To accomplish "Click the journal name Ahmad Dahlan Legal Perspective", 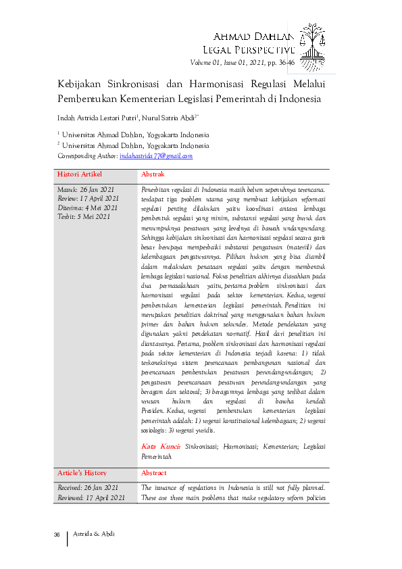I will [253, 43].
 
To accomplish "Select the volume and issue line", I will [243, 62].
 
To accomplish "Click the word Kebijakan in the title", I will [79, 84].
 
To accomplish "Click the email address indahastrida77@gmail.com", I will [155, 156].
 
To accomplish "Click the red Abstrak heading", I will [152, 174].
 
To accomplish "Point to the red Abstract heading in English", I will [154, 473].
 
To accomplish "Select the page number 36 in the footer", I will [57, 535].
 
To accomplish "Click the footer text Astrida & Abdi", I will [94, 535].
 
